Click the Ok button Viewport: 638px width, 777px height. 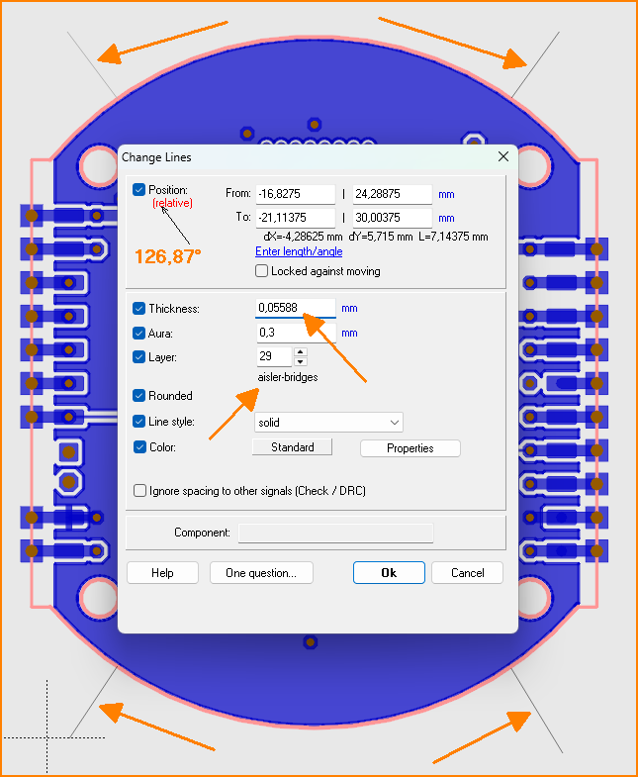click(389, 573)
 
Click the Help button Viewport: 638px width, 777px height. click(162, 573)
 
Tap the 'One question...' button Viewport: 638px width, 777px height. click(261, 573)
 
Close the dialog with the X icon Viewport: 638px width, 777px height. click(503, 156)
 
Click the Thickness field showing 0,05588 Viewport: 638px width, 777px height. click(296, 308)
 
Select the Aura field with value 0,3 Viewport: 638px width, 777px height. click(296, 333)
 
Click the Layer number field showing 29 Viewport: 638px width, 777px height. click(274, 356)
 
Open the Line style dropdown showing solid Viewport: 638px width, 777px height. click(329, 423)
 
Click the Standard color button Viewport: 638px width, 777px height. click(292, 447)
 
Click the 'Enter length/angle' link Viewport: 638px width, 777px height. click(299, 251)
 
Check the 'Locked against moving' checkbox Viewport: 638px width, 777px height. click(261, 271)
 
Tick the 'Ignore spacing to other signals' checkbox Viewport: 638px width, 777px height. click(140, 491)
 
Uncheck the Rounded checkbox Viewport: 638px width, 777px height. click(139, 396)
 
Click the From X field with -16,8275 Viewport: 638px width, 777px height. click(296, 194)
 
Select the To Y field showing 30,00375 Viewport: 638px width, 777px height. click(393, 218)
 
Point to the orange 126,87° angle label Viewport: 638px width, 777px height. click(168, 256)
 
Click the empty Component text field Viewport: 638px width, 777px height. click(336, 533)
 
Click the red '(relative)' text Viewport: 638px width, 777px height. click(172, 203)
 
